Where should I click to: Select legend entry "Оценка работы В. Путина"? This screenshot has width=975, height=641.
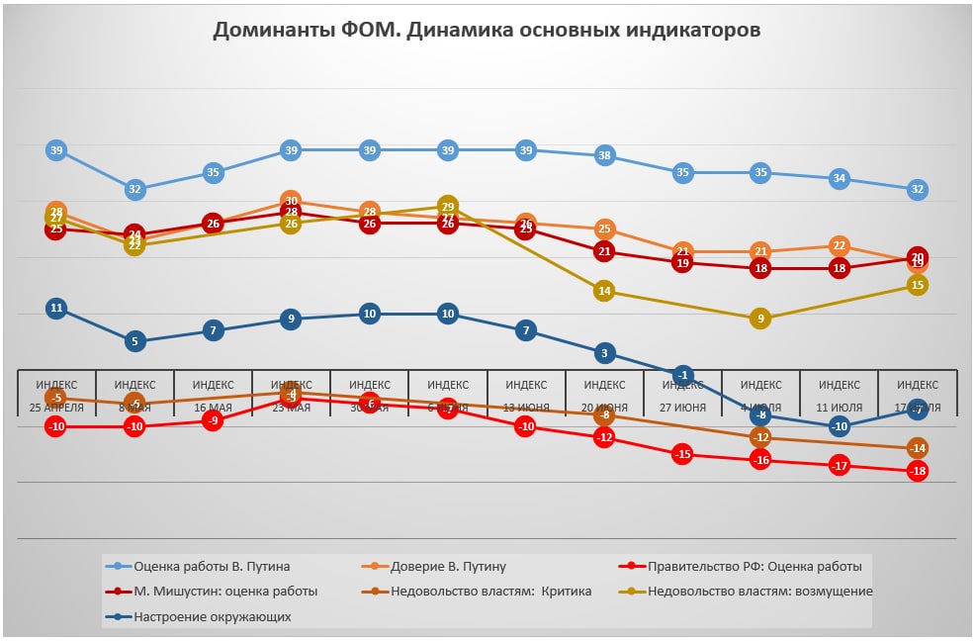coord(212,567)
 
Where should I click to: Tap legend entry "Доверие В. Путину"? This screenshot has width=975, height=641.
coord(448,567)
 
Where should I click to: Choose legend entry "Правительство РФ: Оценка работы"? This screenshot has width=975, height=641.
coord(754,567)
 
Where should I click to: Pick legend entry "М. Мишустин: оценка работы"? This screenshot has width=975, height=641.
coord(225,592)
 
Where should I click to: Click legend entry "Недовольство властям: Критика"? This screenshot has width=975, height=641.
coord(490,592)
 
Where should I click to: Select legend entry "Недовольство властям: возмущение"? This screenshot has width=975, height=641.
coord(759,592)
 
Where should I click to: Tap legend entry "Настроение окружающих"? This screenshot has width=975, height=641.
coord(212,616)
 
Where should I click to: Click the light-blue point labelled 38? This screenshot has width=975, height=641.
coord(604,155)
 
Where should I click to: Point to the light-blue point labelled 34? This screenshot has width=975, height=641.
coord(840,178)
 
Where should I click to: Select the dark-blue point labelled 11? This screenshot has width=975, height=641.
coord(56,308)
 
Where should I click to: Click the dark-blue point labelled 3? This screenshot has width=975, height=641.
coord(604,352)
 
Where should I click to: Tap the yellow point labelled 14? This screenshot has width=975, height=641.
coord(604,291)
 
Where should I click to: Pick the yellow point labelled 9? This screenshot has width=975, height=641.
coord(760,319)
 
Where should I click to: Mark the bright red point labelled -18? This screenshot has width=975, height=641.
coord(918,471)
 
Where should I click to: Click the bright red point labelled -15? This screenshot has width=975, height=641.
coord(682,454)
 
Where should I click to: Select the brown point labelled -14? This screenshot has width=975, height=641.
coord(918,448)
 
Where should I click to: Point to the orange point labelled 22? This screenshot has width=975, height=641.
coord(840,245)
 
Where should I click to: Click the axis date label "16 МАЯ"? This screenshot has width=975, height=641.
coord(213,408)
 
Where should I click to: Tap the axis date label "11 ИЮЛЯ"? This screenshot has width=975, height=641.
coord(840,408)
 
